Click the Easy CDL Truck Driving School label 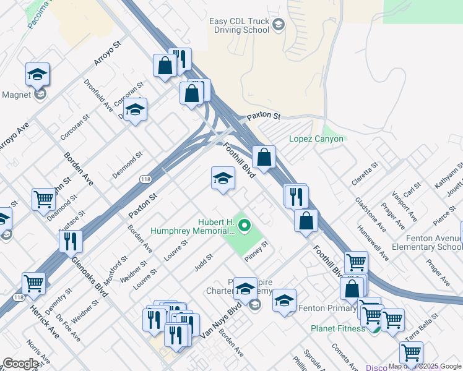pyautogui.click(x=239, y=27)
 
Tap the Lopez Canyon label pyautogui.click(x=316, y=139)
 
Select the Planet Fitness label pyautogui.click(x=338, y=328)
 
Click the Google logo pyautogui.click(x=20, y=364)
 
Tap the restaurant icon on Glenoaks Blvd pyautogui.click(x=71, y=241)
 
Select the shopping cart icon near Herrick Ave pyautogui.click(x=34, y=284)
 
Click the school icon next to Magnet pyautogui.click(x=38, y=75)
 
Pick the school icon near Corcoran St pyautogui.click(x=134, y=110)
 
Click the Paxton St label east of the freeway pyautogui.click(x=264, y=116)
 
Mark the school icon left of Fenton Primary pyautogui.click(x=284, y=301)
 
